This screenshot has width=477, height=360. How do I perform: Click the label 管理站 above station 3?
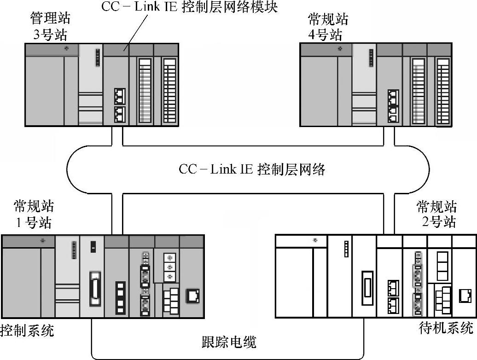coord(50,19)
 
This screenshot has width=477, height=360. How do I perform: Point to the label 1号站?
coord(34,223)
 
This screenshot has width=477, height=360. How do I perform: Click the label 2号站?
coord(438,222)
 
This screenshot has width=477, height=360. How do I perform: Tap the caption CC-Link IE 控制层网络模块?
coord(189,7)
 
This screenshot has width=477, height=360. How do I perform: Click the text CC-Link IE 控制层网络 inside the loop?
coord(252,169)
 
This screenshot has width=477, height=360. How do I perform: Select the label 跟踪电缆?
coord(229,342)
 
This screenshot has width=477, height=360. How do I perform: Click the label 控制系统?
coord(27,330)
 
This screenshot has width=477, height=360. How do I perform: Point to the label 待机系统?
coord(446,328)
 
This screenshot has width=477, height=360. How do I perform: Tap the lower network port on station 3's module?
coord(120,113)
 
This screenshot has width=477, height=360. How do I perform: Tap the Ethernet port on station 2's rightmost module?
coord(464,295)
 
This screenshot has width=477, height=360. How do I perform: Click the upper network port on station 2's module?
coord(394,287)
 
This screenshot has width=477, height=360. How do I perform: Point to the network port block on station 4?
coord(393,105)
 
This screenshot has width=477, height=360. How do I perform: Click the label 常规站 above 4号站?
coord(328,19)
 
